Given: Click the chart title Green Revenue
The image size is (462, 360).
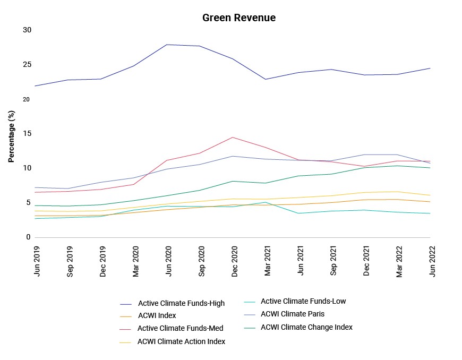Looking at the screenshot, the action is coord(239,18).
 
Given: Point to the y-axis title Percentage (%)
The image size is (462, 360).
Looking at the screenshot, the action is coord(11,136).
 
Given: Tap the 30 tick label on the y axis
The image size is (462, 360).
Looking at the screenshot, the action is coord(27,30).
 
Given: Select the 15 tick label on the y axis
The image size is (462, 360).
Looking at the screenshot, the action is coord(27,133).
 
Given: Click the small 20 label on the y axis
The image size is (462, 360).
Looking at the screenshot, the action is coord(26,100).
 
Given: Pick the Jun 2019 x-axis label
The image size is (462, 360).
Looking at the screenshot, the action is coord(37,261).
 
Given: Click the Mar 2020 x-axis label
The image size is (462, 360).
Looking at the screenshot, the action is coord(135,262).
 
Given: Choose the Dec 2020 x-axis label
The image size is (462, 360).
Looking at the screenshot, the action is coord(235,262).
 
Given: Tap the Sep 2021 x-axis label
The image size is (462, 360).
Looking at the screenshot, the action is coord(333,261).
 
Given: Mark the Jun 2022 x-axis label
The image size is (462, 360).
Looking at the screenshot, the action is coord(432,261).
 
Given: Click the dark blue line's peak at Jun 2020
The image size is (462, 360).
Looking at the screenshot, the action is coord(167,45).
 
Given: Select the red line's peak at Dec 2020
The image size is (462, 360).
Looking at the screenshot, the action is coord(233,138).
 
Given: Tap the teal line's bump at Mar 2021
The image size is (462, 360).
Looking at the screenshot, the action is coord(266,202).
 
